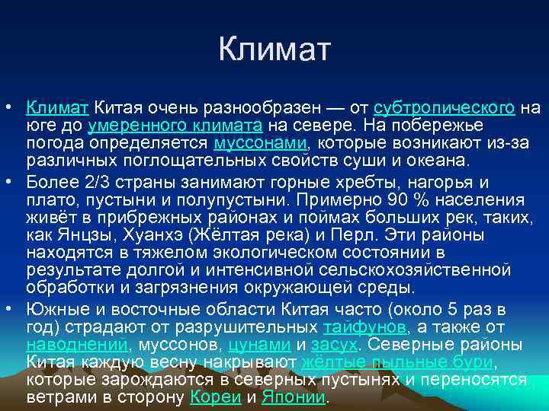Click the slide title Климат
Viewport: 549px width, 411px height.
tap(274, 50)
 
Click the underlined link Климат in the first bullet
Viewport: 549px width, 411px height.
tap(57, 107)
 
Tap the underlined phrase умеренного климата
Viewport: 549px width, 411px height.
tap(175, 125)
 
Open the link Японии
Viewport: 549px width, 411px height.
tap(294, 397)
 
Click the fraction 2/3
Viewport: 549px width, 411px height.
tap(95, 183)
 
